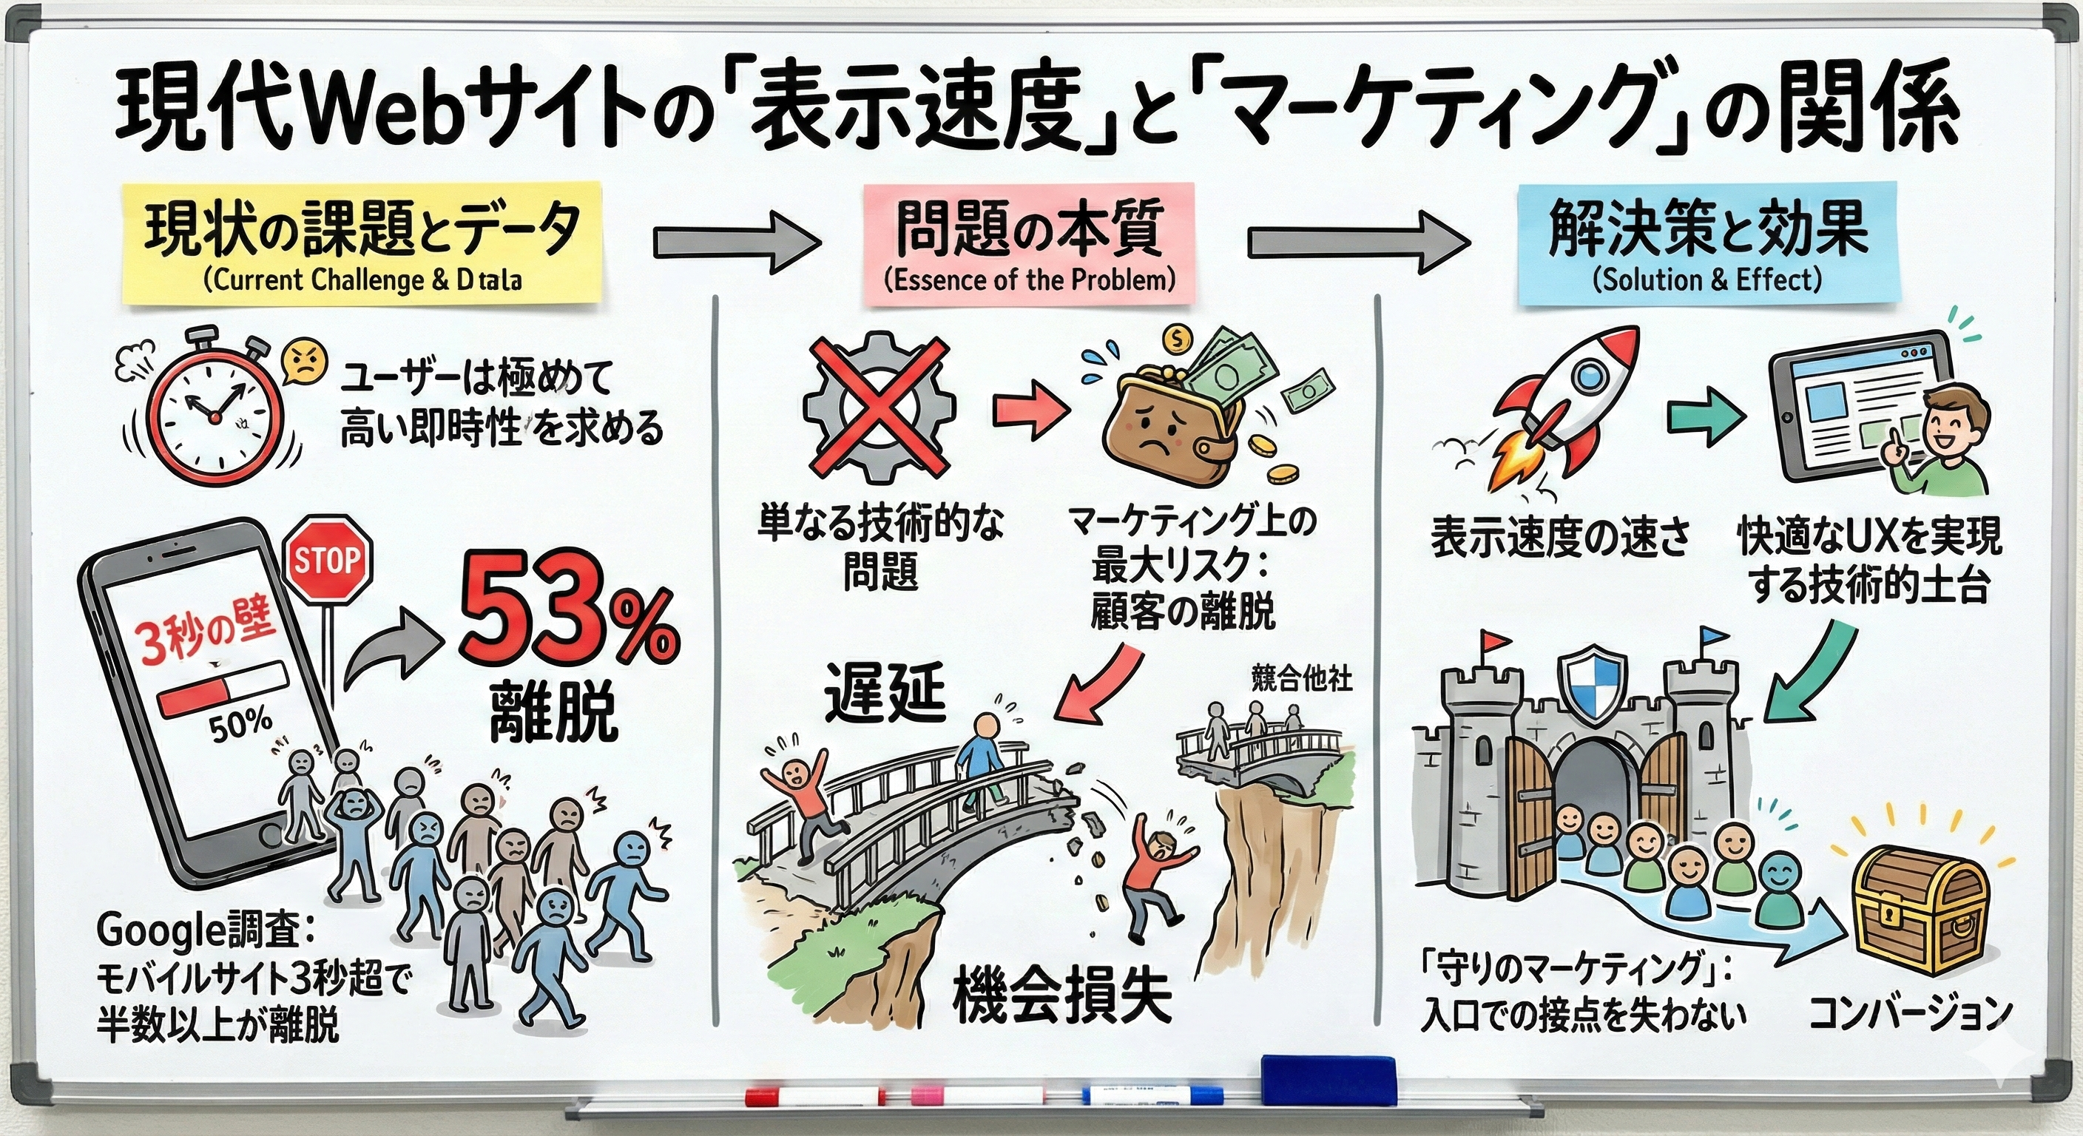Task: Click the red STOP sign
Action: (x=328, y=561)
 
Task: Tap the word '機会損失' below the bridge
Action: (x=1061, y=995)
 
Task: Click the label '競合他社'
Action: (x=1301, y=677)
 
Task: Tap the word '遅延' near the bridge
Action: (x=885, y=694)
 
